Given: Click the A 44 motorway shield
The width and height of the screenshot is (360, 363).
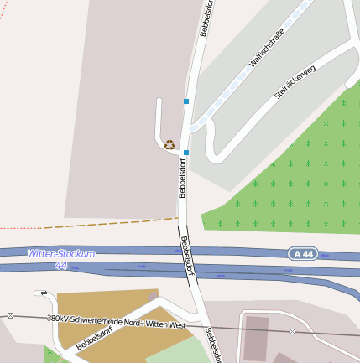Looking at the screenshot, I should point(305,253).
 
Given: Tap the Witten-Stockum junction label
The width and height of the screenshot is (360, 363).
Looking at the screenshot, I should point(61,253).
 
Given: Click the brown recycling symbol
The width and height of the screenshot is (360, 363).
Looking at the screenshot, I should point(170,144).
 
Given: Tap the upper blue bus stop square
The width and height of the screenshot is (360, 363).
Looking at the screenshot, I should point(186,101).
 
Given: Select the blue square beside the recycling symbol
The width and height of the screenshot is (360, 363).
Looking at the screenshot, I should point(186,153).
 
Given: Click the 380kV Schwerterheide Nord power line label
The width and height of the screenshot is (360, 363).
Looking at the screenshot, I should point(117,322).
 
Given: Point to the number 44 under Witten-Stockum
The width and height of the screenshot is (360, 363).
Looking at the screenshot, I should point(60,265).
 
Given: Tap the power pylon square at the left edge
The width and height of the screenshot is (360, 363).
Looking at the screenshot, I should point(10,315).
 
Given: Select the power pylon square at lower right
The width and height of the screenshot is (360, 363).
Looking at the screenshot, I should point(292,331).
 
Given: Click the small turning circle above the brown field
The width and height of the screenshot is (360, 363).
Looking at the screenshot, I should point(39,293).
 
